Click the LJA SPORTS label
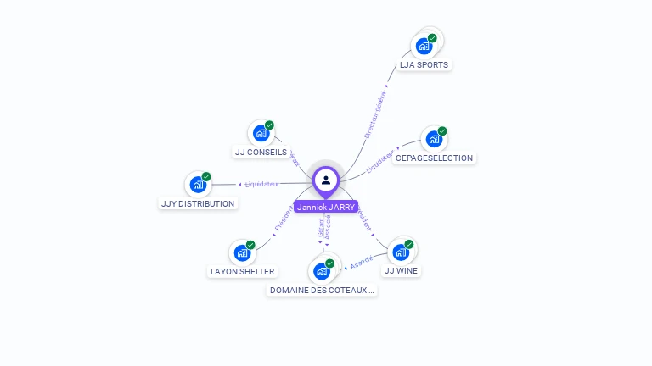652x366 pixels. (x=424, y=65)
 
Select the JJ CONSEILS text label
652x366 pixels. (x=261, y=152)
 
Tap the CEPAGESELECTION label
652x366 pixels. (x=434, y=158)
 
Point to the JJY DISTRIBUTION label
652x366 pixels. (x=198, y=204)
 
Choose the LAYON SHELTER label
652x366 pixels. (x=242, y=272)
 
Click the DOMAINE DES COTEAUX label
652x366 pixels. (x=322, y=291)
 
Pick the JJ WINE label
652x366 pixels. (x=401, y=271)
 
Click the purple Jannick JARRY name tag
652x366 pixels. (x=326, y=207)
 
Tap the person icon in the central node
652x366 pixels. (x=326, y=180)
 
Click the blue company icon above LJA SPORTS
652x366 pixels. (x=423, y=46)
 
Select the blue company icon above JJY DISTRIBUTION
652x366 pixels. (x=197, y=184)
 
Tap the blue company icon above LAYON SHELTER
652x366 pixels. (x=242, y=252)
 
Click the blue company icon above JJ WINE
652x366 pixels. (x=400, y=252)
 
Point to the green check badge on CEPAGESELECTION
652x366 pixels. (x=442, y=131)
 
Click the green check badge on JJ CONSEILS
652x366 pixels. (x=269, y=125)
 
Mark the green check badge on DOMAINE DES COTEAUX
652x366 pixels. (x=329, y=263)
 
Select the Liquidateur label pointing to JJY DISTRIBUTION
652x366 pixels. (x=261, y=184)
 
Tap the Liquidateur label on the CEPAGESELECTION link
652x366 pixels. (x=381, y=163)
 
